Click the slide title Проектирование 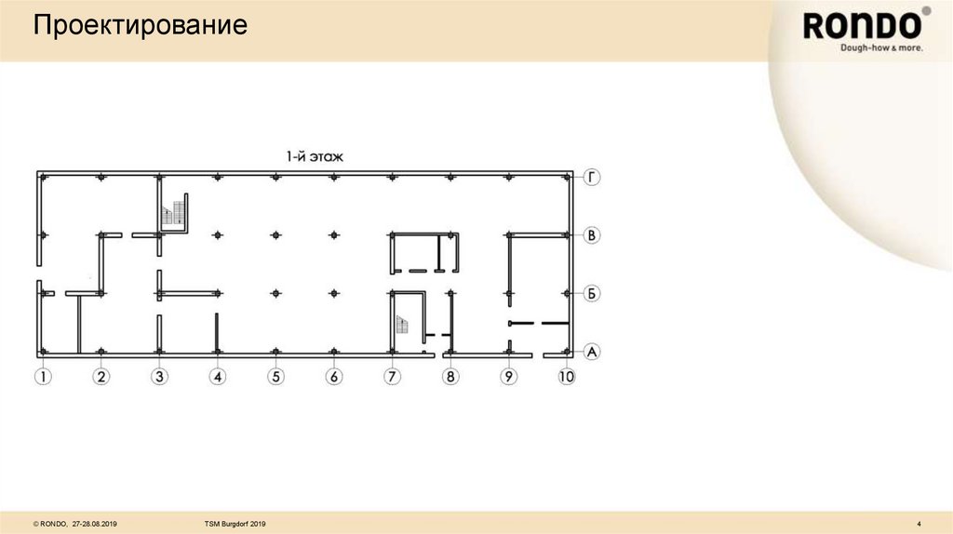tap(141, 25)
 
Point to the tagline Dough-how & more tap(880, 47)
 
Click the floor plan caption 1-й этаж tap(315, 157)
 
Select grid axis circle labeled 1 tap(43, 377)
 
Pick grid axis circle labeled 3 tap(160, 377)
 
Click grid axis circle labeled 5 tap(275, 377)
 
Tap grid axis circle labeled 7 tap(392, 377)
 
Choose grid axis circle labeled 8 tap(450, 377)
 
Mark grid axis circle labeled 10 tap(567, 377)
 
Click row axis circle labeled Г tap(592, 177)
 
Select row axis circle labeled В tap(592, 235)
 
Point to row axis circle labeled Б tap(592, 294)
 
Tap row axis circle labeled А tap(592, 352)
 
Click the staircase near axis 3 tap(170, 214)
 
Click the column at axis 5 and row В tap(275, 235)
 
